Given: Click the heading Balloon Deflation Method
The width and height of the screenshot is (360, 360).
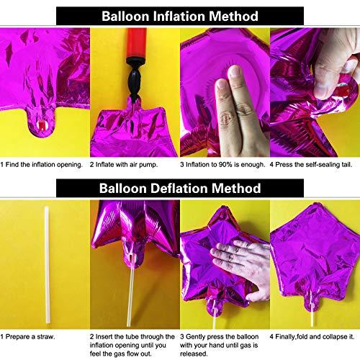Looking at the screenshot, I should pos(180,189).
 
